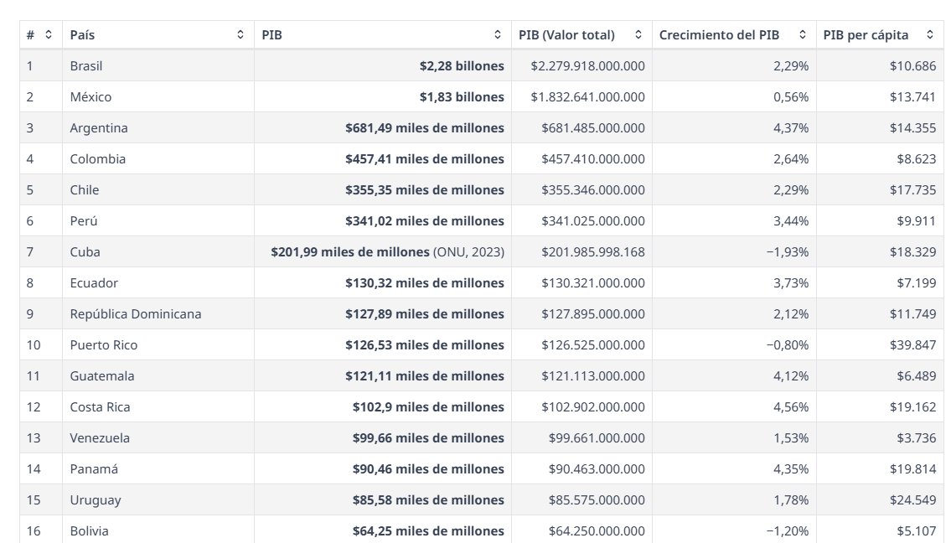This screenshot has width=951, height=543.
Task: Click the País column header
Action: pyautogui.click(x=82, y=35)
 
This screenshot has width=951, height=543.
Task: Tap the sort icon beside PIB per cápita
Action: pyautogui.click(x=930, y=34)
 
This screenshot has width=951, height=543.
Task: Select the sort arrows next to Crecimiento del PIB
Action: pyautogui.click(x=803, y=34)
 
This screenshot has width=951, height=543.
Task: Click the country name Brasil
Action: pyautogui.click(x=86, y=66)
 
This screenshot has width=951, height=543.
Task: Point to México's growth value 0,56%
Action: pyautogui.click(x=791, y=97)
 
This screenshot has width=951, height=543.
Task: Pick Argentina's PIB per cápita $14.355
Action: pyautogui.click(x=912, y=128)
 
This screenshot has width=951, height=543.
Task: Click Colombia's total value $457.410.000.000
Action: pyautogui.click(x=593, y=159)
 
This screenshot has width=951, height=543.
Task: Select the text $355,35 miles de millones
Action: pyautogui.click(x=425, y=190)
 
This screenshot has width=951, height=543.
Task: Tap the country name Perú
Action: pyautogui.click(x=84, y=221)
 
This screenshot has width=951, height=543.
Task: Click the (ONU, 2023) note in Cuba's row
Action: pyautogui.click(x=469, y=251)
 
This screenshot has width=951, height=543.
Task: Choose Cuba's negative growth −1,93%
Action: pyautogui.click(x=788, y=251)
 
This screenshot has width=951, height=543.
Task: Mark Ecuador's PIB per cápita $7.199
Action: pyautogui.click(x=917, y=282)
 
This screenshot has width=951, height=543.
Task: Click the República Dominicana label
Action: pyautogui.click(x=135, y=314)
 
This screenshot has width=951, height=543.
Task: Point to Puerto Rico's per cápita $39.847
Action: pyautogui.click(x=912, y=345)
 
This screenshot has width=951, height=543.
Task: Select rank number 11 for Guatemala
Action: pyautogui.click(x=34, y=376)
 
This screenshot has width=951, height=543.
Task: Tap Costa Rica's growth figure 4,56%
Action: pyautogui.click(x=791, y=407)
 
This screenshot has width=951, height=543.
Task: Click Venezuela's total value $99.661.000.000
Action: pyautogui.click(x=597, y=438)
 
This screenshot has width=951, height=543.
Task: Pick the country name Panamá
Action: pyautogui.click(x=94, y=469)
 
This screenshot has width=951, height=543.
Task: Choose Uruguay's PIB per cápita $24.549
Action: pyautogui.click(x=912, y=500)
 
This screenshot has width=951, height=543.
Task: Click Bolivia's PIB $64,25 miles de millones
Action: pyautogui.click(x=428, y=531)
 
